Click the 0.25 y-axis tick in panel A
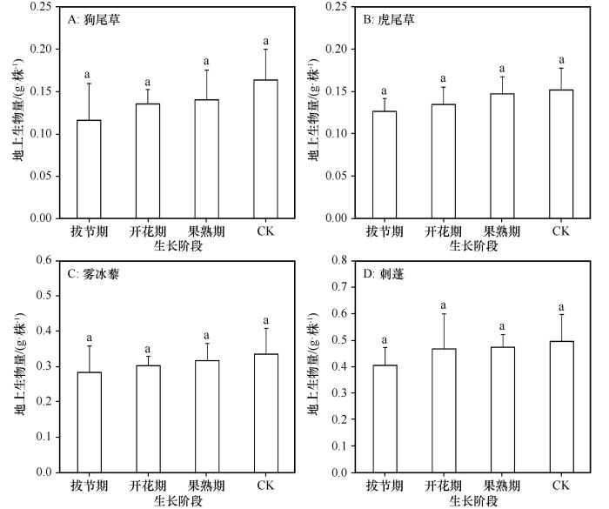39,7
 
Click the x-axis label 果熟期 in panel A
206,231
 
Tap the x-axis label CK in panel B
560,231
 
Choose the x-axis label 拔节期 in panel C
89,486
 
